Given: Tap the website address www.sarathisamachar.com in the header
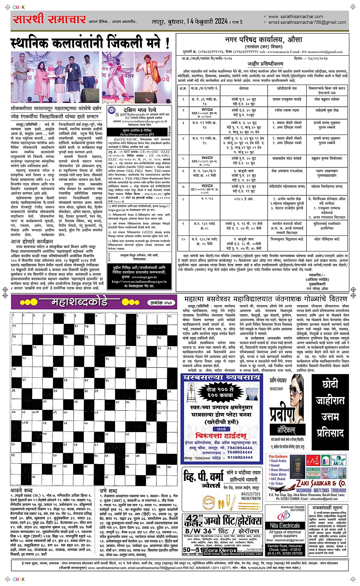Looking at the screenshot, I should coord(295,16).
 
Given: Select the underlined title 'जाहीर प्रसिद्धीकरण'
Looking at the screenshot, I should coord(266,64).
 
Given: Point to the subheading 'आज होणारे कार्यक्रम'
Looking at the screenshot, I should coord(32,242).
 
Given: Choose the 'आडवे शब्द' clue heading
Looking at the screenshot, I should coord(21,490).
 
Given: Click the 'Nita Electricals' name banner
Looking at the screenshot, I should coord(285,525).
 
